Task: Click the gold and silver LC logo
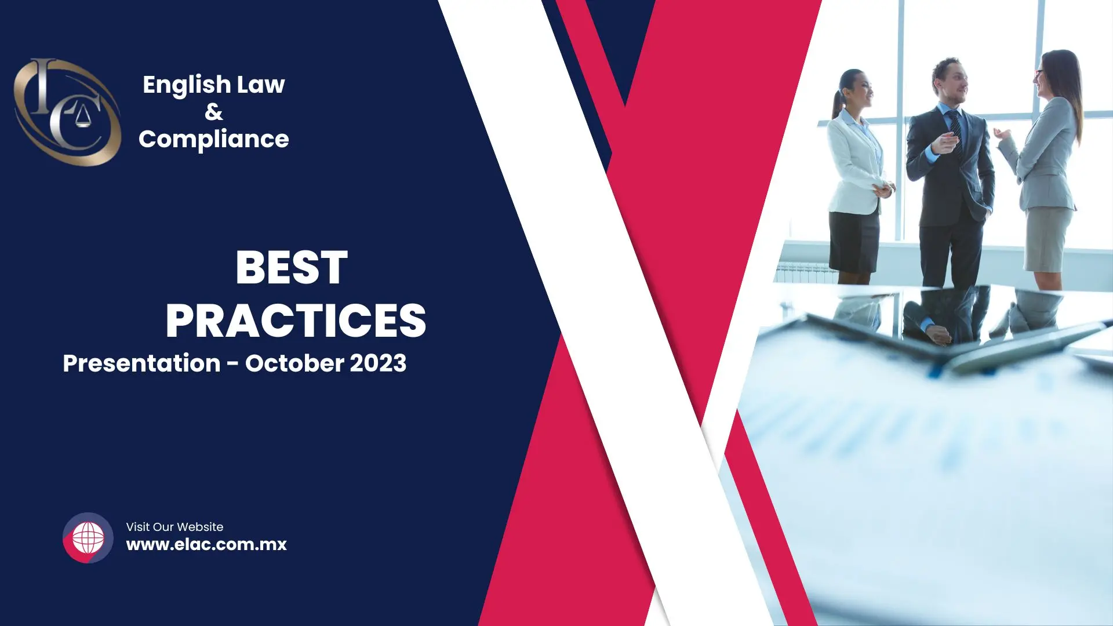(x=67, y=112)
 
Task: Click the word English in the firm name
(x=187, y=85)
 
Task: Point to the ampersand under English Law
(x=214, y=112)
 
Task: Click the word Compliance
(x=214, y=140)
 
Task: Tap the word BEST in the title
(x=292, y=268)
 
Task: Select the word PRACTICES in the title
(x=296, y=321)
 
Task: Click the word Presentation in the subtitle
(x=141, y=363)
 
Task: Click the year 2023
(x=378, y=363)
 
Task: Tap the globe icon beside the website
(x=88, y=538)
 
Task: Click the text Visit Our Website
(x=174, y=527)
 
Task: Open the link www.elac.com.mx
(x=206, y=545)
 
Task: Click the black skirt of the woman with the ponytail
(x=854, y=241)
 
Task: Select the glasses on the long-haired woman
(x=1038, y=74)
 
